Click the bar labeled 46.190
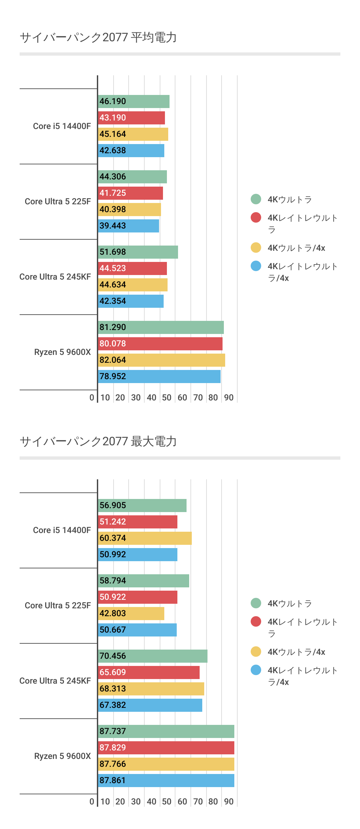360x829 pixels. (134, 101)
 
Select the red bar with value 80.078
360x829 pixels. (160, 344)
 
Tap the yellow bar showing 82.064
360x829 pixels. (161, 360)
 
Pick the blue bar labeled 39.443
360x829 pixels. (128, 226)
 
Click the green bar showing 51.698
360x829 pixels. (138, 252)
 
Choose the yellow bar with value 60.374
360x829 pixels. (145, 538)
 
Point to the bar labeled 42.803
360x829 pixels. (131, 614)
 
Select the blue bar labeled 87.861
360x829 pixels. (166, 781)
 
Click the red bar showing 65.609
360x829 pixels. (149, 672)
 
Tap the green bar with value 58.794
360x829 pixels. (143, 581)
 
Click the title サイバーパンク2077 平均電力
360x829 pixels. (98, 37)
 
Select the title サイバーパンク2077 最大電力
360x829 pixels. (98, 441)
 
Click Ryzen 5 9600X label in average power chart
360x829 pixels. (62, 352)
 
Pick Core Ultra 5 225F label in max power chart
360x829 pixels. (58, 606)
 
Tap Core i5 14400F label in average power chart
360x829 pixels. (62, 126)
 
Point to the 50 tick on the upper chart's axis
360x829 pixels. (167, 398)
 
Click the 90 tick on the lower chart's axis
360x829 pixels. (229, 802)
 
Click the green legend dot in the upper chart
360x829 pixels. (256, 199)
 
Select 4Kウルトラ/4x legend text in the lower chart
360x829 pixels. (296, 652)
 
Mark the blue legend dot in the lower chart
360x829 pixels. (256, 670)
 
